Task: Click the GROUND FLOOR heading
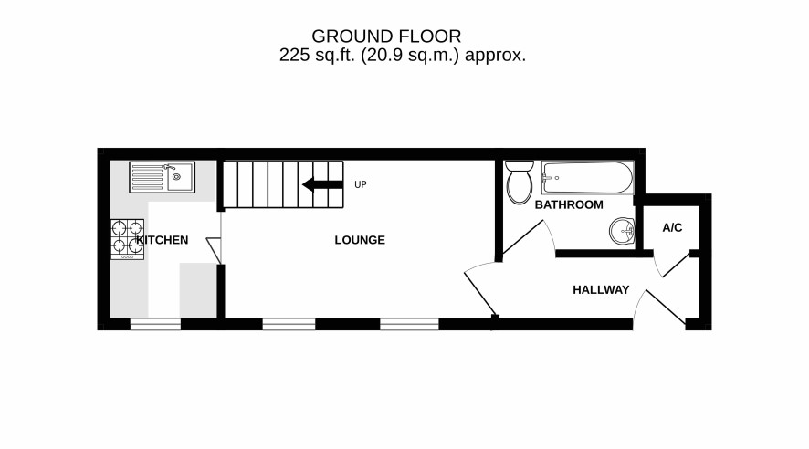(386, 37)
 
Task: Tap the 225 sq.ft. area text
(403, 55)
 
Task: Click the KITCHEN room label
(163, 240)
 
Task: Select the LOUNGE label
(360, 240)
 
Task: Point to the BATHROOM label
(569, 204)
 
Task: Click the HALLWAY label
(601, 289)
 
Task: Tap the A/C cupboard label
(672, 227)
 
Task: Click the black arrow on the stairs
(322, 184)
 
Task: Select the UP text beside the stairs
(360, 184)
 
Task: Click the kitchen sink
(162, 177)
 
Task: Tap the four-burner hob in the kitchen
(127, 239)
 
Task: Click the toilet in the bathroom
(520, 182)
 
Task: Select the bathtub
(587, 178)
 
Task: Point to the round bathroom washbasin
(622, 230)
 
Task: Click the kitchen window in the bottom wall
(155, 324)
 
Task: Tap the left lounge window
(289, 324)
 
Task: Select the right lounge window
(410, 324)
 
